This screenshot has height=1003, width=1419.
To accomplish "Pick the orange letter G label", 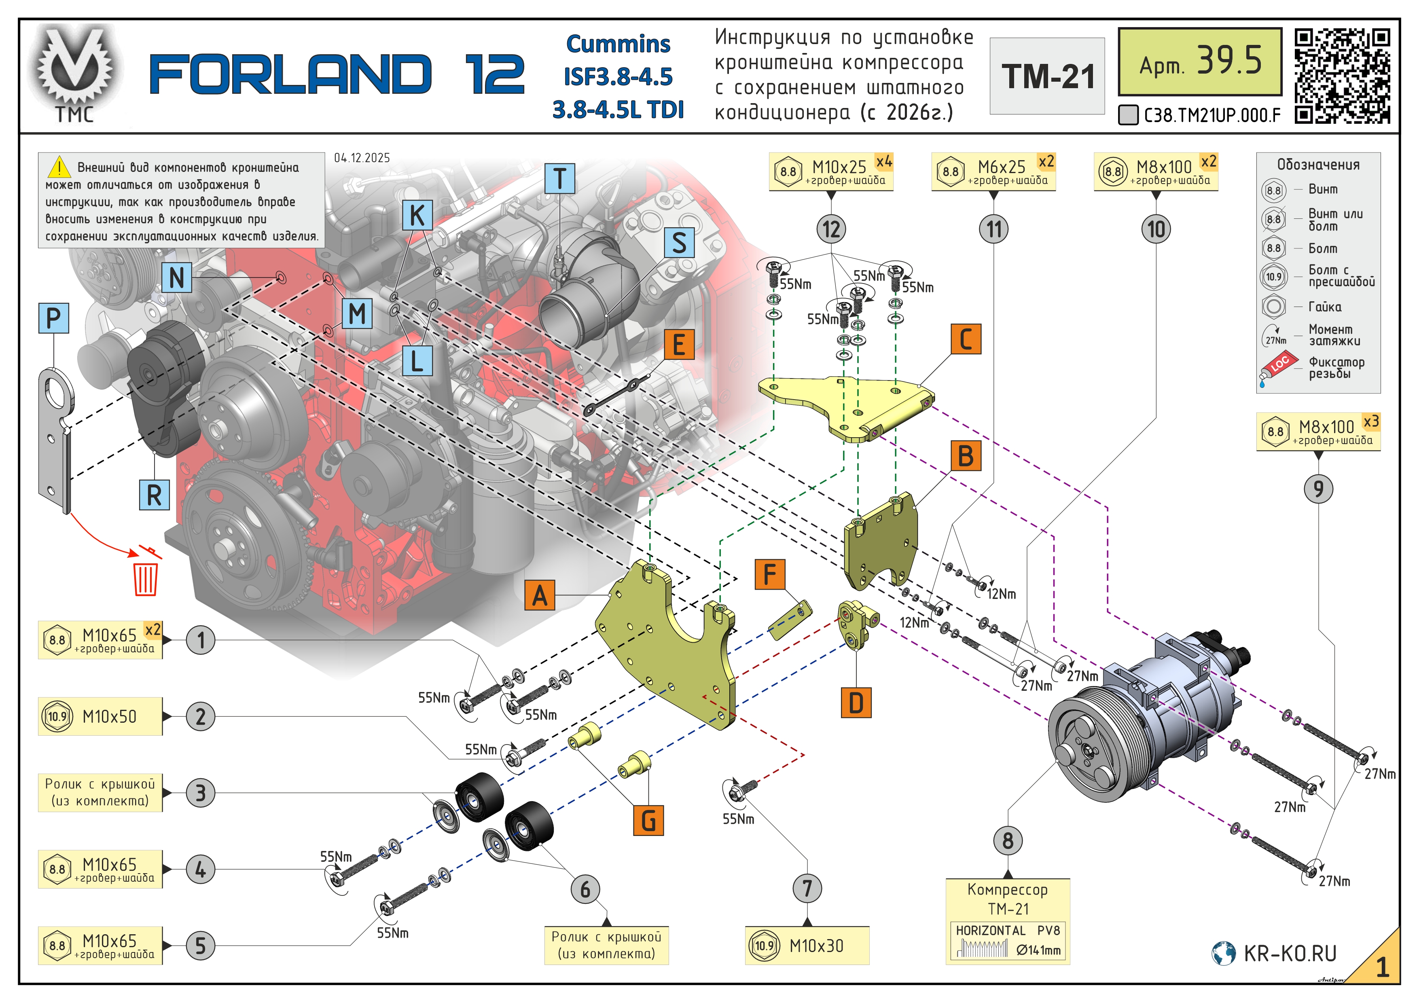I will [x=648, y=820].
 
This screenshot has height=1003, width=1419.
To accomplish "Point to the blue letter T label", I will [x=560, y=179].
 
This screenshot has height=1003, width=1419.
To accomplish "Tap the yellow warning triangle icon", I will [x=59, y=167].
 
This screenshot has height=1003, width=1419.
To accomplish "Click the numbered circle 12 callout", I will [x=831, y=229].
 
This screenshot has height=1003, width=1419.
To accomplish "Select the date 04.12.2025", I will [x=362, y=158].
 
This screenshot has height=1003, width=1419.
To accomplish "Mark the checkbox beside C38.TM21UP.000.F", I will [x=1128, y=115].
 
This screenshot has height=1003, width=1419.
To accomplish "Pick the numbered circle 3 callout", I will [x=200, y=792].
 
